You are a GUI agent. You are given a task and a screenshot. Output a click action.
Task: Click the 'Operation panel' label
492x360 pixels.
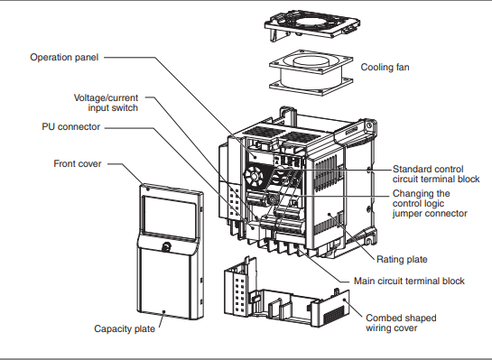64,58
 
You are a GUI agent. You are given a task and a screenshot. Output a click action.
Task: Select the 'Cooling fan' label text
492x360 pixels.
385,67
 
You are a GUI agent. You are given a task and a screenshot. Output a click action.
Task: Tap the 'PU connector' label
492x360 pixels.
71,126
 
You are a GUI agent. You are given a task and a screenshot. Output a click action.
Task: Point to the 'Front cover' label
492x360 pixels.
78,163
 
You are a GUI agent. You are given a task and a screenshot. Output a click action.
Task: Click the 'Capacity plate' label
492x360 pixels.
125,328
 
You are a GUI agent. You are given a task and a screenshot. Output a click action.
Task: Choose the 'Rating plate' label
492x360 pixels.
402,259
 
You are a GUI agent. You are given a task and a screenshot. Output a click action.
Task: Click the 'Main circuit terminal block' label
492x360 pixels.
409,281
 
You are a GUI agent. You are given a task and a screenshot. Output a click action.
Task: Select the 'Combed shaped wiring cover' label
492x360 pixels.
401,323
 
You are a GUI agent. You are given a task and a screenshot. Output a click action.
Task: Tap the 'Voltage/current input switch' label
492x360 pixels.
106,103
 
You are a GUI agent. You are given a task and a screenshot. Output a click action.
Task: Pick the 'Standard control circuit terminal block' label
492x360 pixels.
436,174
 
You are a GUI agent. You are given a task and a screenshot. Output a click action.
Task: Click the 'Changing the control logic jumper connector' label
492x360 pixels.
430,203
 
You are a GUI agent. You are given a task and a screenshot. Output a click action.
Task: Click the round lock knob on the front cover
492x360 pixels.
166,246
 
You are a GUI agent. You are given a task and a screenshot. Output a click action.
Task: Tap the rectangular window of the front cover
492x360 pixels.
170,217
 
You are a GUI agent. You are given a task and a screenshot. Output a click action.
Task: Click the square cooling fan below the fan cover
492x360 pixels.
311,72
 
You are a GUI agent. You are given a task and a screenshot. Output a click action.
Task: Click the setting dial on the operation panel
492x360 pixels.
255,177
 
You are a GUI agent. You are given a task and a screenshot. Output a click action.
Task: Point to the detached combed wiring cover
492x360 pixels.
286,292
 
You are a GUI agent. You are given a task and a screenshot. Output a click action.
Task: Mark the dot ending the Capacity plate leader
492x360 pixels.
163,312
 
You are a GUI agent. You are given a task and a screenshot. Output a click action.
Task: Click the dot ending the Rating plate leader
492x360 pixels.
330,215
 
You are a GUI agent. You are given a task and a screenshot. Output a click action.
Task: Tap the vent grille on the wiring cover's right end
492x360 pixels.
334,315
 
